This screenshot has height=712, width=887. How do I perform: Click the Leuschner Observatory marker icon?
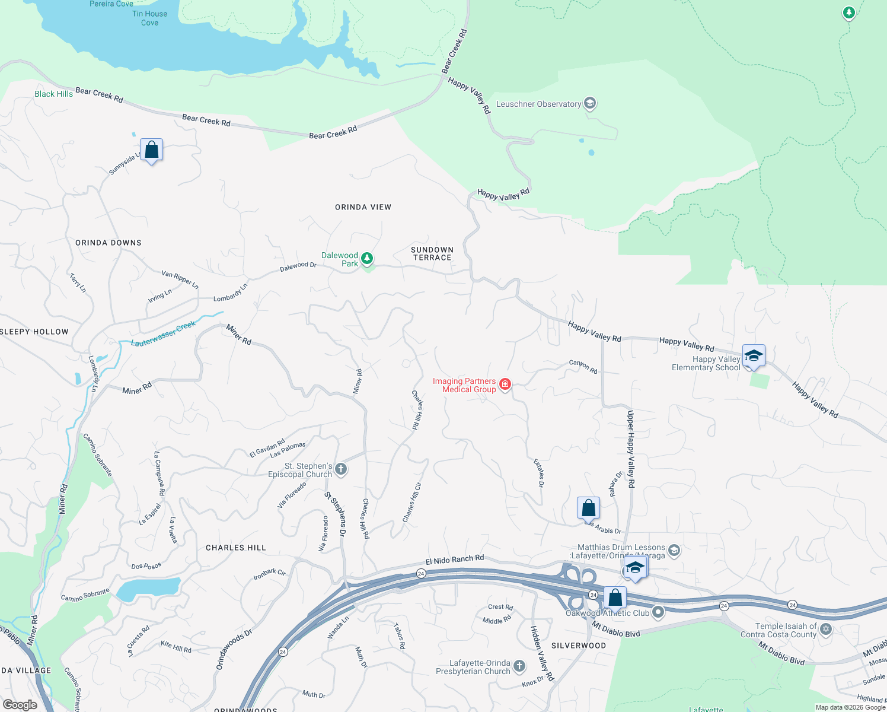click(x=589, y=104)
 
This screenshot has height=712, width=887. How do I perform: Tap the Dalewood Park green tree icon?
click(x=367, y=258)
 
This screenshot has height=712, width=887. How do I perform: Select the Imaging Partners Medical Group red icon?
click(x=505, y=384)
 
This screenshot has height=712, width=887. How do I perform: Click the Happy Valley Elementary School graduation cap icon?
click(x=754, y=355)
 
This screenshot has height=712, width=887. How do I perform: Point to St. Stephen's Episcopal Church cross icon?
click(x=341, y=469)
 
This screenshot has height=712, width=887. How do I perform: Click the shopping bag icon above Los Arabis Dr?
click(x=588, y=508)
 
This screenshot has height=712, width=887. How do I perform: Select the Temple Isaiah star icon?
click(x=826, y=629)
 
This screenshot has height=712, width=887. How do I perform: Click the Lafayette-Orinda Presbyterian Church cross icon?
click(x=519, y=666)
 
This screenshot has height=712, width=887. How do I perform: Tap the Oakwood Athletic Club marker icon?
click(x=658, y=612)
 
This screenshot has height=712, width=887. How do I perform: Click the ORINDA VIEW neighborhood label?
click(x=363, y=207)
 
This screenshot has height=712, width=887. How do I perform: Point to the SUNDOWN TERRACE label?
click(x=432, y=253)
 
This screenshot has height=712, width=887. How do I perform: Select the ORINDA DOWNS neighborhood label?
click(x=109, y=243)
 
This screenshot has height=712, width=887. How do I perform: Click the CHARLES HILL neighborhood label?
click(x=235, y=548)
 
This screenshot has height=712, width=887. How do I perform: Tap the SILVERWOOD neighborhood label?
click(x=579, y=646)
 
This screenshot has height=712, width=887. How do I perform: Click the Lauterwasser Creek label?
click(x=163, y=334)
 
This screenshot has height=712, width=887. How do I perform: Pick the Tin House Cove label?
click(x=149, y=18)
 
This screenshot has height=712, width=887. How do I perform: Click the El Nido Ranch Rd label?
click(x=455, y=560)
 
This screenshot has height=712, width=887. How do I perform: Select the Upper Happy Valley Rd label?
click(x=631, y=449)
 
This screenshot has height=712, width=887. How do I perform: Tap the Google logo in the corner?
click(x=20, y=704)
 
